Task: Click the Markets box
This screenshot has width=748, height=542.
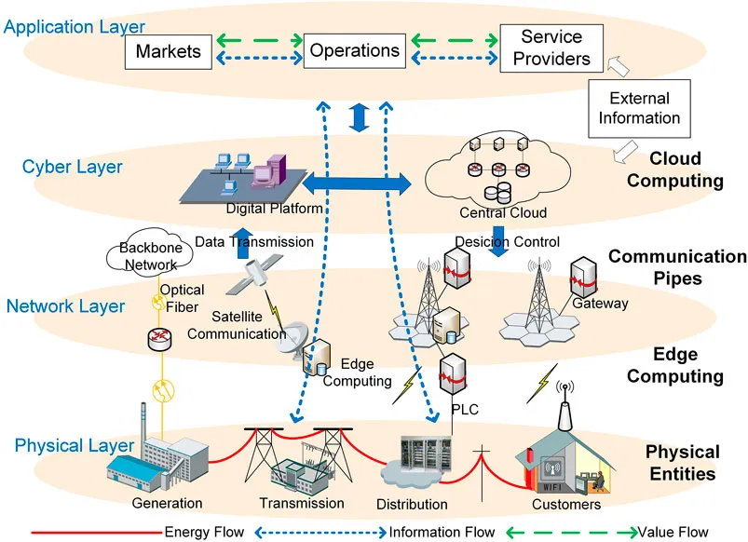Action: [169, 51]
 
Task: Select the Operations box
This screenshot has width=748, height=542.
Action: [355, 50]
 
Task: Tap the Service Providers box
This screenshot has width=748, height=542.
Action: [551, 48]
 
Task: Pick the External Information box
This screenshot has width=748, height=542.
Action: [639, 108]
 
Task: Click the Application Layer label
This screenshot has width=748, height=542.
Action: [74, 27]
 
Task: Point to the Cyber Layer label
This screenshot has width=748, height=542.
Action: [72, 167]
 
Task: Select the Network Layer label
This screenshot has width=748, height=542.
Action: [65, 305]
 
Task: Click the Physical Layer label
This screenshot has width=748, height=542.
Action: [74, 445]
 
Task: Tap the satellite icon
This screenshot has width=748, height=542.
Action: [254, 274]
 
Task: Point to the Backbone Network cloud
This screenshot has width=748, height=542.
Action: [150, 252]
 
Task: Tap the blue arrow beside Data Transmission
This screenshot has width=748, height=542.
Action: [243, 243]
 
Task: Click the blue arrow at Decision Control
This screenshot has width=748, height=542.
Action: [499, 241]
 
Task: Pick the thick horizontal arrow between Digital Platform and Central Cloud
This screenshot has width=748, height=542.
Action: [357, 184]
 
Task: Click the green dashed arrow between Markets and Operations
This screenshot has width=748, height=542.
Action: [260, 40]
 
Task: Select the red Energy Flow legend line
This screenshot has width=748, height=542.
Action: [97, 532]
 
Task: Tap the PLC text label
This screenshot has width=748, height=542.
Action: [465, 410]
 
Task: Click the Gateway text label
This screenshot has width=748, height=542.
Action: [600, 304]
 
